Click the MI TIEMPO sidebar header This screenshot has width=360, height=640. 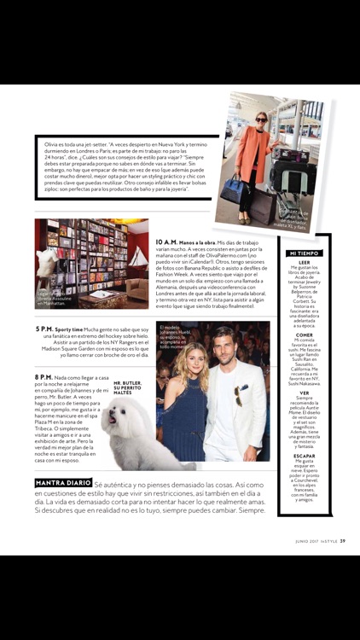(x=304, y=253)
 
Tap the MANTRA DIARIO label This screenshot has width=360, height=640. (x=62, y=483)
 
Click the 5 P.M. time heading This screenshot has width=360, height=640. (x=45, y=328)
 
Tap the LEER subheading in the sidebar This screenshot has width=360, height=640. (x=305, y=262)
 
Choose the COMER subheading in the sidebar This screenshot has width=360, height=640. (x=305, y=335)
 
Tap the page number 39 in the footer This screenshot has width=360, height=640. (x=342, y=540)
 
